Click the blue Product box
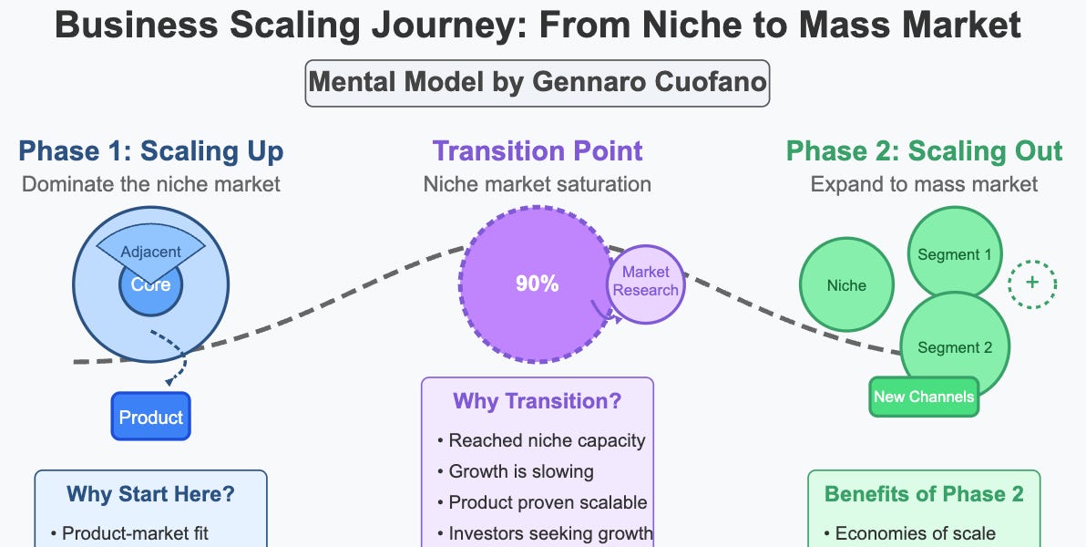coord(151,417)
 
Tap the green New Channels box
coord(923,397)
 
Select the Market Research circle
coord(646,282)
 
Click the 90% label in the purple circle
coord(537,284)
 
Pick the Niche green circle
coord(846,285)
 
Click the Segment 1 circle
coord(954,254)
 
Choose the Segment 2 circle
coord(954,347)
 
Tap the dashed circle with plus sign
coord(1032,283)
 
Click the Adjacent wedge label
coord(151,252)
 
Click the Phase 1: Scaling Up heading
coord(151,150)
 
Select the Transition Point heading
coord(538,150)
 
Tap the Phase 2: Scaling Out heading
coord(924,150)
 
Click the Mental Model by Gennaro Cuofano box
coord(538,83)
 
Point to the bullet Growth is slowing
coord(521,471)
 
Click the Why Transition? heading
coord(537,401)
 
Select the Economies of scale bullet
coord(907,533)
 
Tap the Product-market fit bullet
coord(135,533)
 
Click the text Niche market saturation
coord(538,184)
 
